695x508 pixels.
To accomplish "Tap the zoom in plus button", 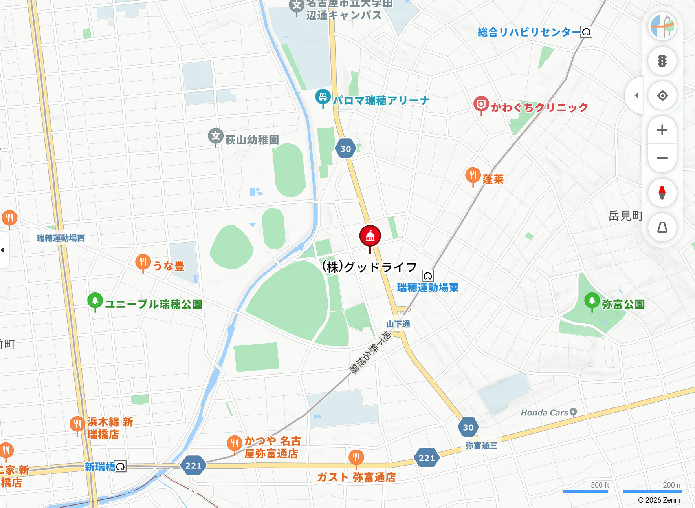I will tap(662, 130).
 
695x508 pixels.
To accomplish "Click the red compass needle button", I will tap(662, 193).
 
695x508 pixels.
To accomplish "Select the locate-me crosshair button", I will tap(662, 95).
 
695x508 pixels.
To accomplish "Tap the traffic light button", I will tap(662, 61).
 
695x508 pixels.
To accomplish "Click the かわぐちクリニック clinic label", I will tap(539, 107).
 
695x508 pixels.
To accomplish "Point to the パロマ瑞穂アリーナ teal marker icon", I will tap(323, 97).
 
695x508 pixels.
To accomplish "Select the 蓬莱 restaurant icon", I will tap(473, 175).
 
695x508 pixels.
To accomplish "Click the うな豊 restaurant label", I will tap(169, 266).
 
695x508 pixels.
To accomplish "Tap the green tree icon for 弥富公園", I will tap(592, 301).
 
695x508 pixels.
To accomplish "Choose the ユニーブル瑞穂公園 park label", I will tap(153, 304).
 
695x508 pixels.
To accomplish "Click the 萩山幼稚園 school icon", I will tap(215, 136).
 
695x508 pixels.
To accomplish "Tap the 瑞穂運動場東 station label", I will tap(427, 288).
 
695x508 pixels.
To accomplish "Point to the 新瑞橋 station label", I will tap(100, 467).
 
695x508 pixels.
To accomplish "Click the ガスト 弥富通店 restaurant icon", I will tap(356, 457).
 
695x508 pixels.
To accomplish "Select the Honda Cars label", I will tap(544, 413).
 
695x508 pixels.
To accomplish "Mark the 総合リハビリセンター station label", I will tap(529, 32).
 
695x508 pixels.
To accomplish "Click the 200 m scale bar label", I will tap(672, 485).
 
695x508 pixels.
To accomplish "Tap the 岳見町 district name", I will tap(625, 216).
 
